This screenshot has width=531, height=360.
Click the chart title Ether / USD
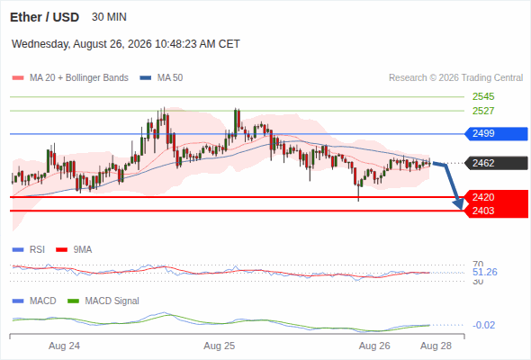pyautogui.click(x=44, y=17)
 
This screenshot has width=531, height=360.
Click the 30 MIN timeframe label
pyautogui.click(x=109, y=17)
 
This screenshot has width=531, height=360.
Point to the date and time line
pyautogui.click(x=126, y=44)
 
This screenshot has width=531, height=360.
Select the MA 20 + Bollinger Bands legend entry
pyautogui.click(x=70, y=78)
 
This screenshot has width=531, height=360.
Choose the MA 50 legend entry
pyautogui.click(x=161, y=78)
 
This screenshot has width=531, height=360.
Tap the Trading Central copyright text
pyautogui.click(x=455, y=78)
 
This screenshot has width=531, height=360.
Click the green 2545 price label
pyautogui.click(x=483, y=96)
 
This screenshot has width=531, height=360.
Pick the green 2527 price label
pyautogui.click(x=483, y=111)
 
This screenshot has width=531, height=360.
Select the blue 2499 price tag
pyautogui.click(x=496, y=134)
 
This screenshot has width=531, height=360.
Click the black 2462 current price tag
pyautogui.click(x=496, y=163)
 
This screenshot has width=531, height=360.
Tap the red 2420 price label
pyautogui.click(x=483, y=197)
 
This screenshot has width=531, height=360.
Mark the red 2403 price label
pyautogui.click(x=483, y=211)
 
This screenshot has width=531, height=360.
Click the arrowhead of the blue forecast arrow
pyautogui.click(x=459, y=204)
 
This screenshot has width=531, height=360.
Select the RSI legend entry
pyautogui.click(x=29, y=250)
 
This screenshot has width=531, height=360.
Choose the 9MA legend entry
pyautogui.click(x=74, y=250)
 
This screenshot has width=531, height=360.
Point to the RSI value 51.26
pyautogui.click(x=484, y=272)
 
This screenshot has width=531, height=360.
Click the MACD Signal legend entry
pyautogui.click(x=103, y=301)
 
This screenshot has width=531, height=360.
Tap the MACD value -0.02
pyautogui.click(x=483, y=325)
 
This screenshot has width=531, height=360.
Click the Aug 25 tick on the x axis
pyautogui.click(x=219, y=346)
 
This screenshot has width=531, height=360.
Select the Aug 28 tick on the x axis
pyautogui.click(x=436, y=346)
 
